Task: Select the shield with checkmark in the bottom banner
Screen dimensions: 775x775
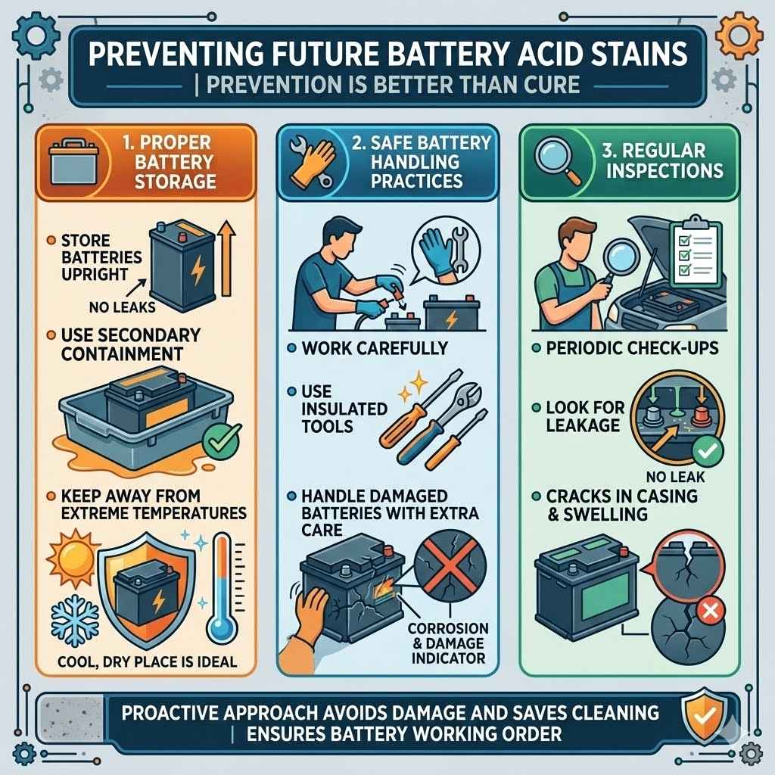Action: click(696, 712)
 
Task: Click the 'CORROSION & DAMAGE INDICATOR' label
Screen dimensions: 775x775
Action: click(448, 644)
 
